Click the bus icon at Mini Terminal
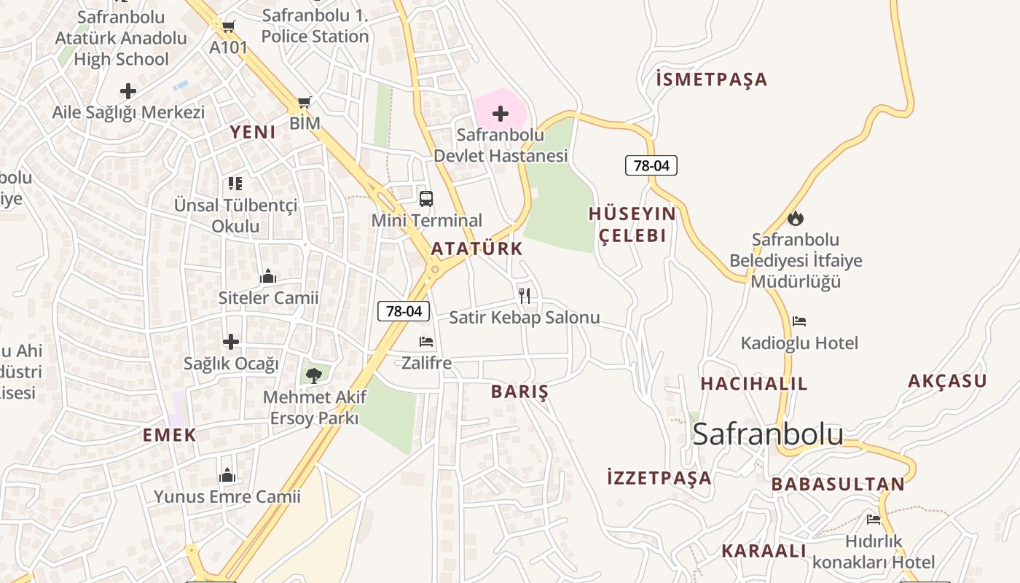(426, 198)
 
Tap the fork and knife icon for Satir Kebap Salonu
(525, 295)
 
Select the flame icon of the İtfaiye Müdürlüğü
(796, 218)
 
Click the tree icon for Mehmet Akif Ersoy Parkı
(314, 375)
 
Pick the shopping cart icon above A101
(228, 27)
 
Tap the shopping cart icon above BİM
(305, 103)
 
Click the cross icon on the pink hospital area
(501, 113)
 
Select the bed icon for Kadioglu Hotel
(799, 321)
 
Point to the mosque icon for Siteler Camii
(268, 276)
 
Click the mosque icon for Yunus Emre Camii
(227, 475)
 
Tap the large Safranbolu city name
(768, 434)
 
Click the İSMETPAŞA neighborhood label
(712, 79)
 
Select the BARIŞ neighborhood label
(519, 391)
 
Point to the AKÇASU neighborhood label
(947, 381)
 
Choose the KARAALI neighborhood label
(764, 551)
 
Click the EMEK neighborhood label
(170, 436)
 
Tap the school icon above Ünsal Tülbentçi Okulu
(235, 183)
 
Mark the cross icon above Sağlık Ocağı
(231, 341)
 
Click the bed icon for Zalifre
(426, 341)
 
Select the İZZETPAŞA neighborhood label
(659, 478)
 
